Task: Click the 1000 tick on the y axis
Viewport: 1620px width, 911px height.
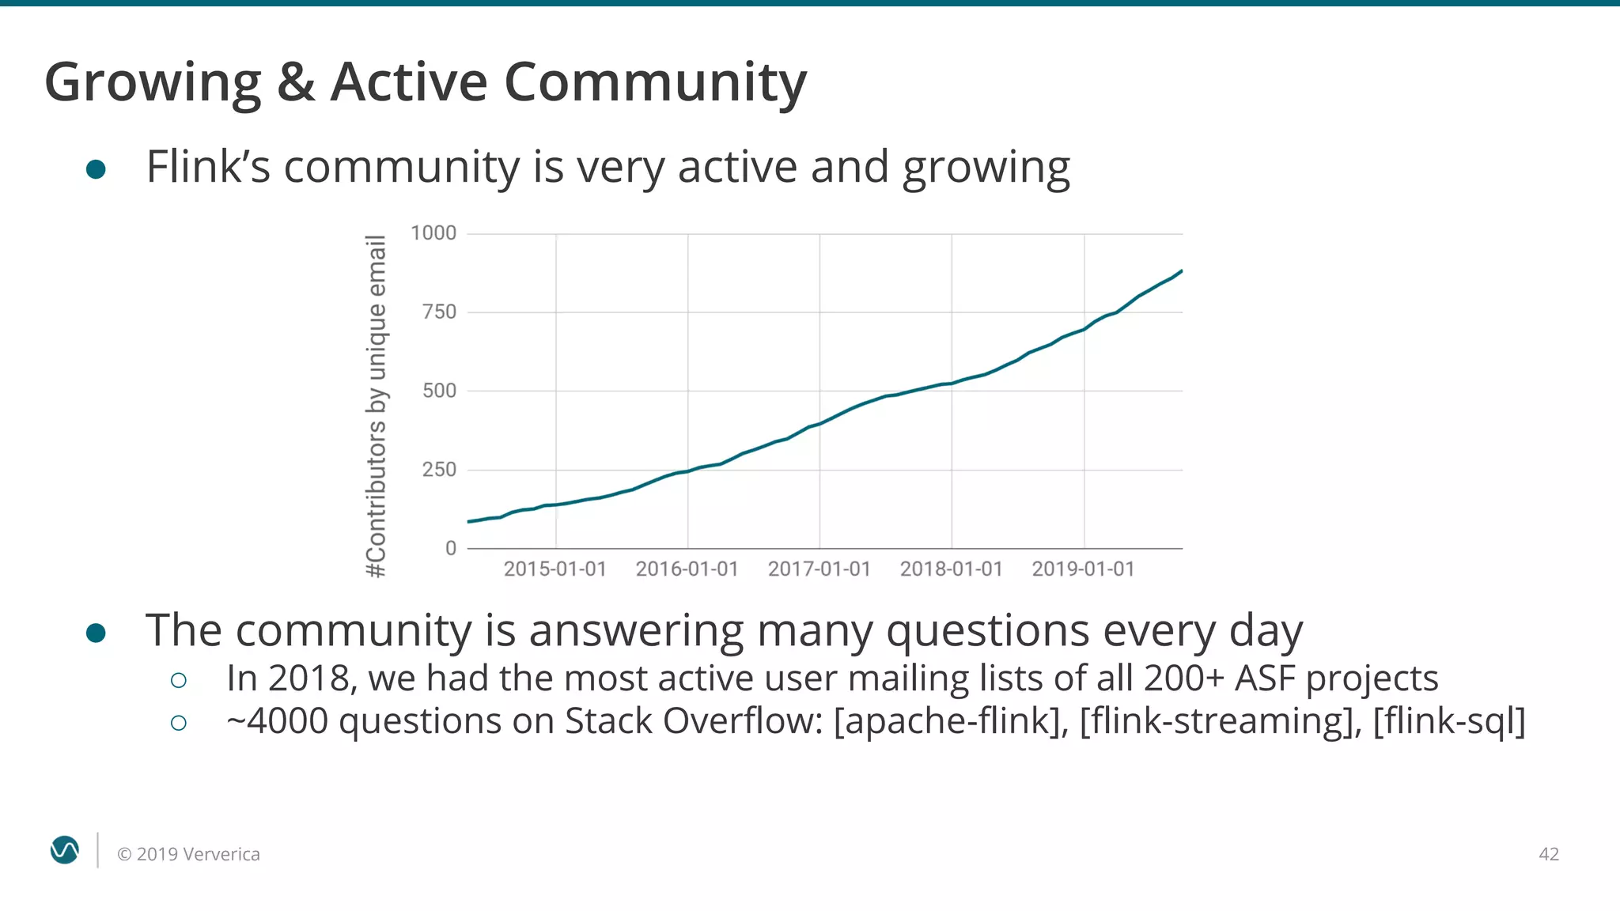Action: [x=433, y=232]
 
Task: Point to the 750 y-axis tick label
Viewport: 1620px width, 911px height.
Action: [x=439, y=312]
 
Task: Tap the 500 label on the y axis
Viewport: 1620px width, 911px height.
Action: [x=439, y=390]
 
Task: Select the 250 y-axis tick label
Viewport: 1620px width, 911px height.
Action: [x=439, y=469]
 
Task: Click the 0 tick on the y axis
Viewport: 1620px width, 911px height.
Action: [x=450, y=548]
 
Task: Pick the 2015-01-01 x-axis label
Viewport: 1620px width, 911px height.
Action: [x=555, y=569]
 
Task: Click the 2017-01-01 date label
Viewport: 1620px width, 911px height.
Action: [x=819, y=569]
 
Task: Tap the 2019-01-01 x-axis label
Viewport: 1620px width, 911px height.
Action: [x=1083, y=569]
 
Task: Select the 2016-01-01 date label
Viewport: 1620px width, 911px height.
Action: [x=687, y=569]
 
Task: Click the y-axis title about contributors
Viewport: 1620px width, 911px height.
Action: [x=377, y=406]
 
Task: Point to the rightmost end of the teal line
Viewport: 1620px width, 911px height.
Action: [x=1181, y=271]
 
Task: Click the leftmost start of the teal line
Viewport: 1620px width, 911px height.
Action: [x=469, y=521]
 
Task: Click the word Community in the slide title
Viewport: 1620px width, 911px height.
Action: [x=655, y=81]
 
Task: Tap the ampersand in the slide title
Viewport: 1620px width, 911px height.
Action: [x=296, y=81]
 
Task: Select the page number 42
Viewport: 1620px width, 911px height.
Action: [x=1548, y=854]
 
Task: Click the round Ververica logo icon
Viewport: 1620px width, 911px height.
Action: [x=64, y=850]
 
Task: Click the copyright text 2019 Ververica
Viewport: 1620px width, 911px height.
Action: [x=188, y=854]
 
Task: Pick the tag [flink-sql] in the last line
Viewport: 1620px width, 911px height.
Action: [x=1448, y=721]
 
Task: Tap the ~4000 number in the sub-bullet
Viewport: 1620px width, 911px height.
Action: [x=277, y=721]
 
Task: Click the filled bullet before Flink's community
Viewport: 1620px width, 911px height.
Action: [x=96, y=169]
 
